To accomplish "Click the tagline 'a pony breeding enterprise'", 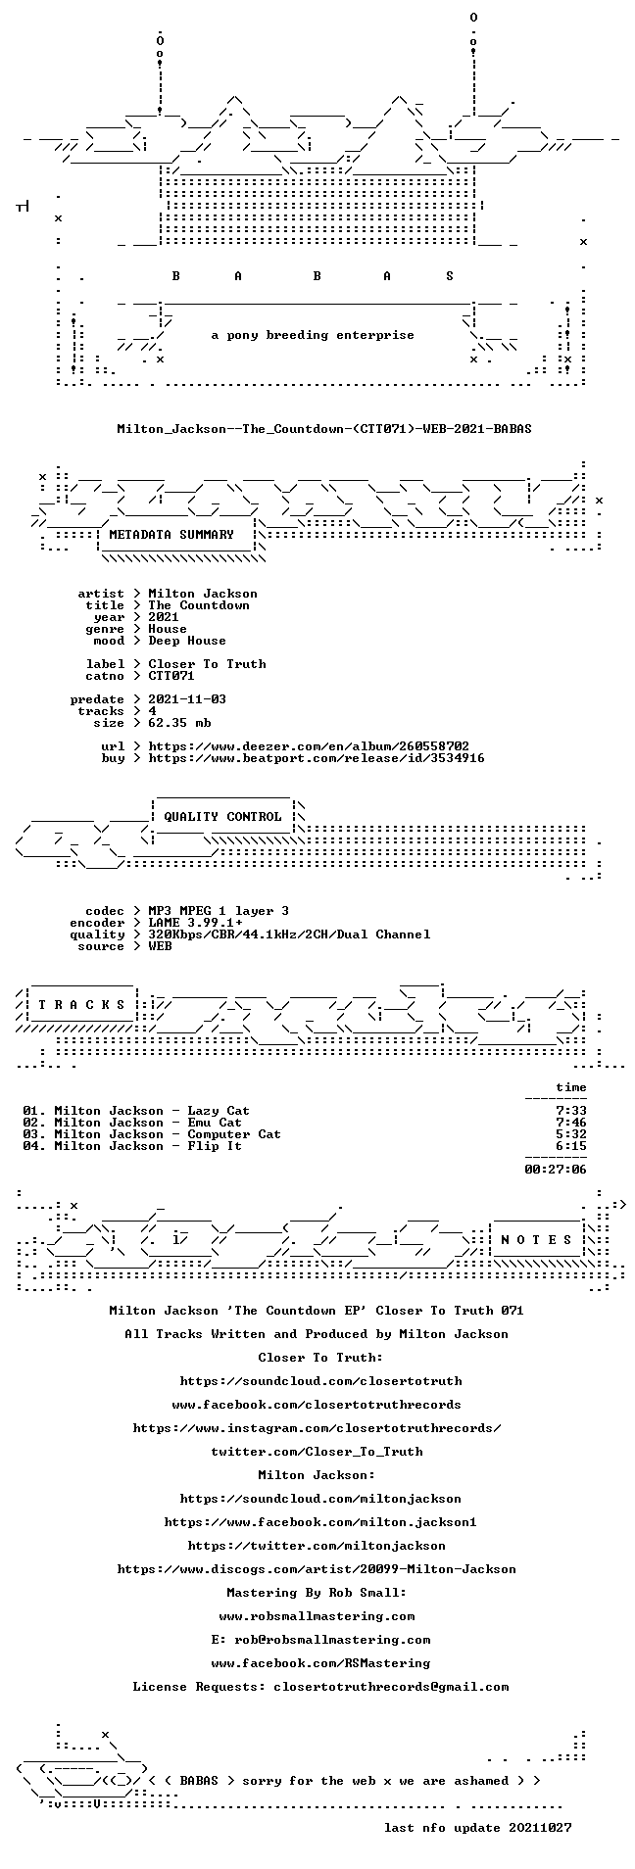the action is pyautogui.click(x=313, y=335).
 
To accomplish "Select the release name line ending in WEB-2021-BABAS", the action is pyautogui.click(x=324, y=429).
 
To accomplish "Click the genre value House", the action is pyautogui.click(x=168, y=629).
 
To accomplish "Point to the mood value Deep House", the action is pyautogui.click(x=187, y=641).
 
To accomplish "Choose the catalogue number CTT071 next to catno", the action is pyautogui.click(x=171, y=676).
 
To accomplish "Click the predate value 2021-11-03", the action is pyautogui.click(x=187, y=699).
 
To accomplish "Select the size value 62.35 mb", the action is pyautogui.click(x=179, y=723).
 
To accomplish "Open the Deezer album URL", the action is pyautogui.click(x=309, y=746).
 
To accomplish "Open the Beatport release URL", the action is pyautogui.click(x=317, y=758).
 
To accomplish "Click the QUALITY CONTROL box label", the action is pyautogui.click(x=222, y=816).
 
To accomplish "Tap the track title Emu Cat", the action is pyautogui.click(x=215, y=1123).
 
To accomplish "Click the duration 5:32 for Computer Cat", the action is pyautogui.click(x=571, y=1134).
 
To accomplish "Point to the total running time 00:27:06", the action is pyautogui.click(x=556, y=1169).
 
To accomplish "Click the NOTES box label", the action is pyautogui.click(x=536, y=1239).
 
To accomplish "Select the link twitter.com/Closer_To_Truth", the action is pyautogui.click(x=317, y=1451).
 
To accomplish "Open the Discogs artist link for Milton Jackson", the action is pyautogui.click(x=317, y=1568).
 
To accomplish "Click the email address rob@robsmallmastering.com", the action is pyautogui.click(x=332, y=1639).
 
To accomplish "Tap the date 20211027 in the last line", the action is pyautogui.click(x=540, y=1827).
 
